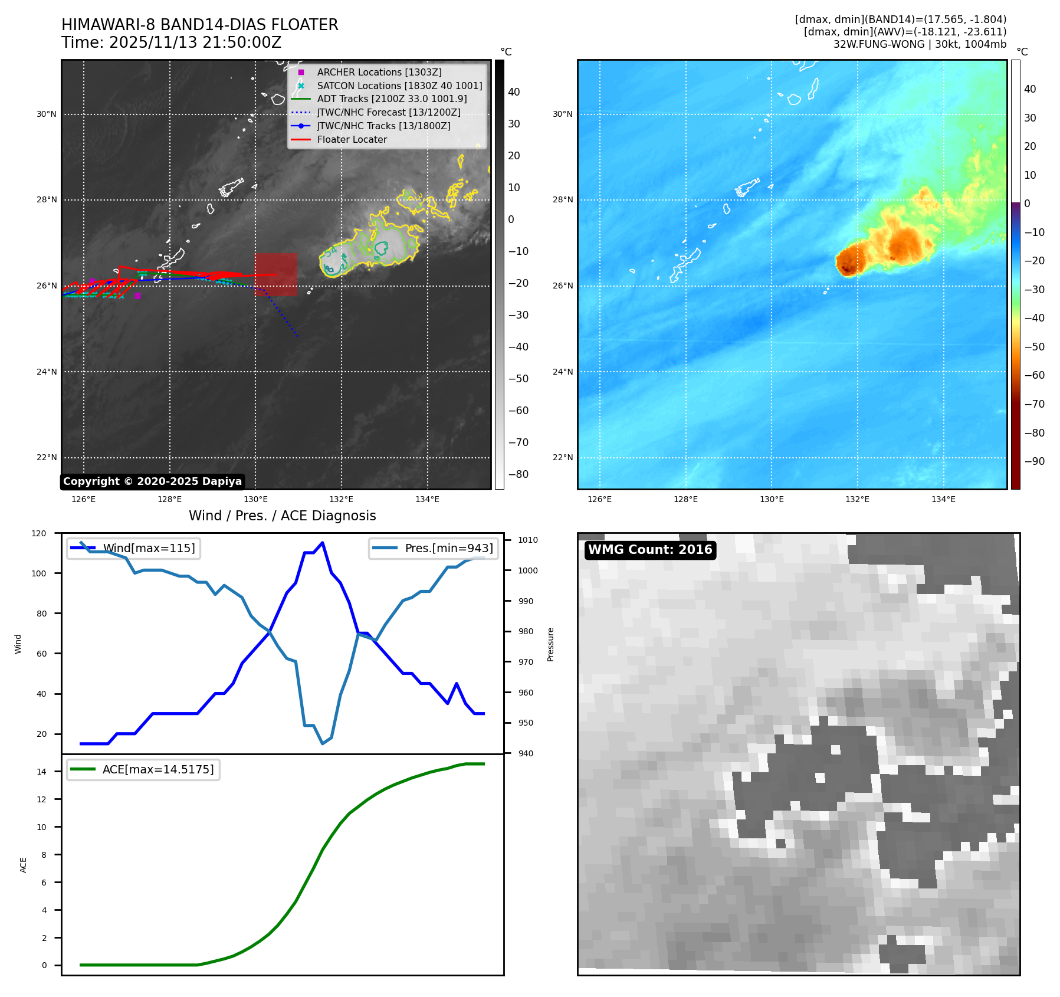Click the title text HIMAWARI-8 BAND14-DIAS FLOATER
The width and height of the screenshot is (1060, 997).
coord(199,25)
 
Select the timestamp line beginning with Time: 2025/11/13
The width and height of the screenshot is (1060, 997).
coord(171,42)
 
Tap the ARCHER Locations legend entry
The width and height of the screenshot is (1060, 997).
coord(379,72)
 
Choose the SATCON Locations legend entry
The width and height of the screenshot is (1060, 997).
coord(399,86)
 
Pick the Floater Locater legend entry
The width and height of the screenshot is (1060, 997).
coord(352,139)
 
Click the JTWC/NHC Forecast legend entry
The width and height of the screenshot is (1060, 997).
coord(389,112)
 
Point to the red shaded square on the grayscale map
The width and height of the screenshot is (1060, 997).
coord(276,274)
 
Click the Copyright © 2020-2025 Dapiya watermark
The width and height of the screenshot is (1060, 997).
coord(152,481)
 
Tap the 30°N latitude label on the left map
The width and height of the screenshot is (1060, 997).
coord(47,114)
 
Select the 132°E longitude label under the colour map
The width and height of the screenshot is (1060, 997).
coord(857,499)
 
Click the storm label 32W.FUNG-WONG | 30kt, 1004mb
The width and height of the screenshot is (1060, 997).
coord(920,44)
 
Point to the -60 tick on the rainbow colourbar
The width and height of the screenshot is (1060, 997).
coord(1034,375)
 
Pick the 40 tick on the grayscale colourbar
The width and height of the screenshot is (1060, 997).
coord(514,92)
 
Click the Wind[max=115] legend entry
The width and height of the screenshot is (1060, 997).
coord(149,548)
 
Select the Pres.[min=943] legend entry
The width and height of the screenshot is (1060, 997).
coord(448,548)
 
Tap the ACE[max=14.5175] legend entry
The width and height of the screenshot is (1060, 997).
coord(157,769)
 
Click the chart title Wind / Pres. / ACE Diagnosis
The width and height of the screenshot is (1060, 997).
coord(282,516)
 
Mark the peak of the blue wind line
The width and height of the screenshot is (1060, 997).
coord(322,542)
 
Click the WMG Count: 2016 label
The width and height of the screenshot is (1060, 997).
coord(650,550)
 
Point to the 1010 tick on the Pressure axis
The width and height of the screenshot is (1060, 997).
coord(528,540)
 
